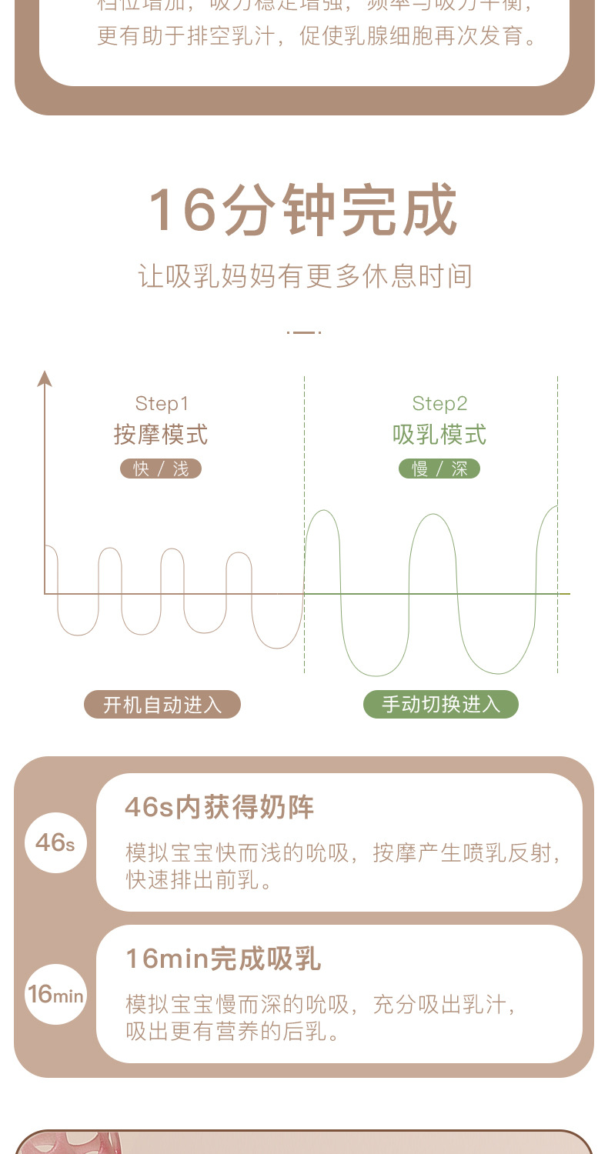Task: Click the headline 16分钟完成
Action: tap(303, 209)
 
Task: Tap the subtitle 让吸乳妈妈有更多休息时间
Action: tap(305, 276)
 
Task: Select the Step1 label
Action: tap(162, 403)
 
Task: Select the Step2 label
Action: tap(439, 403)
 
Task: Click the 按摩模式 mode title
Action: tap(161, 435)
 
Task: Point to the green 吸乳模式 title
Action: tap(439, 435)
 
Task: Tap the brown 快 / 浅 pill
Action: tap(161, 469)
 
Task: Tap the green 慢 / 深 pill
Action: tap(439, 469)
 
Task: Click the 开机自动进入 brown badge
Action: tap(162, 704)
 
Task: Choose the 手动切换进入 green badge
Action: tap(441, 704)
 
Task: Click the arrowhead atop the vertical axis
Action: tap(45, 378)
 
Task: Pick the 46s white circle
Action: tap(55, 842)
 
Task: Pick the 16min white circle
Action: tap(55, 994)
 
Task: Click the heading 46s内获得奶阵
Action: tap(219, 808)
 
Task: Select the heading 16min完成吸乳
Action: tap(222, 959)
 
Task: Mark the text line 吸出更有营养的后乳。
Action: tap(233, 1031)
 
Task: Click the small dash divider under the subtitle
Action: tap(304, 332)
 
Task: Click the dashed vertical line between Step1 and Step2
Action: tap(304, 523)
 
